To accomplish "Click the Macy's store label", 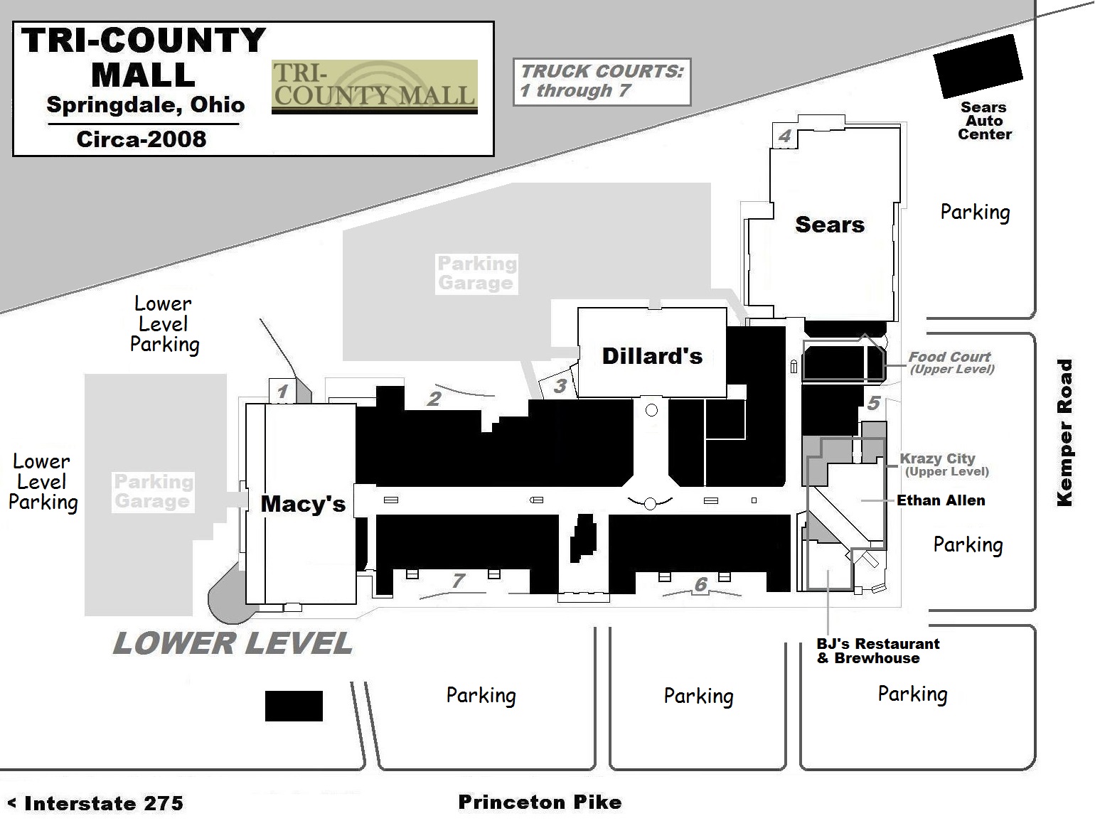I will pyautogui.click(x=303, y=504).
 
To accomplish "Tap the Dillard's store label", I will pyautogui.click(x=652, y=356).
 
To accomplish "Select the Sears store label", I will pyautogui.click(x=830, y=225).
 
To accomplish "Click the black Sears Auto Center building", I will pyautogui.click(x=978, y=67).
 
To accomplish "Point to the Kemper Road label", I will pyautogui.click(x=1064, y=433).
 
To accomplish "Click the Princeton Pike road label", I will pyautogui.click(x=540, y=802).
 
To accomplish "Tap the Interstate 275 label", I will pyautogui.click(x=96, y=804).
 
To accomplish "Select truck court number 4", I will pyautogui.click(x=785, y=136).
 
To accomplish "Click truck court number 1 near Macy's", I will pyautogui.click(x=282, y=391).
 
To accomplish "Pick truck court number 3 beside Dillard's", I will pyautogui.click(x=560, y=386).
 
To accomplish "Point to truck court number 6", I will pyautogui.click(x=701, y=584).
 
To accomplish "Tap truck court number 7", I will pyautogui.click(x=459, y=581).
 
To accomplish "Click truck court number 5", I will pyautogui.click(x=874, y=403).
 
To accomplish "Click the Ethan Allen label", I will pyautogui.click(x=941, y=500).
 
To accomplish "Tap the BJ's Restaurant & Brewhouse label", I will pyautogui.click(x=877, y=651).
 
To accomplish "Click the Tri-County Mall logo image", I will pyautogui.click(x=374, y=87).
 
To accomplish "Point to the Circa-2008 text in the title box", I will pyautogui.click(x=141, y=139).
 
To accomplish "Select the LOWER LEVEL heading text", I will pyautogui.click(x=233, y=644).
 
